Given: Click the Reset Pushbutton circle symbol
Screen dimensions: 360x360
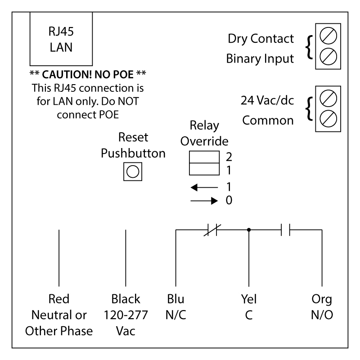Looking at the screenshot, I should tap(133, 171).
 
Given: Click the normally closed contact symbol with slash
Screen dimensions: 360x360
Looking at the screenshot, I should tap(210, 230).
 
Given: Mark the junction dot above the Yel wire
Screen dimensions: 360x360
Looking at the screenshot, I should tap(248, 230).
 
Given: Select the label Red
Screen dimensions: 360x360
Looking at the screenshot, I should tap(59, 299).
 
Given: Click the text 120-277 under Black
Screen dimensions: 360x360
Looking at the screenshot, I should tap(126, 315).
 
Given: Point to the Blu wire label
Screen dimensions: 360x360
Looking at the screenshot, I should tap(175, 299).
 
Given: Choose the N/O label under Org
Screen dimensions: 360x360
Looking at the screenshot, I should tap(322, 315).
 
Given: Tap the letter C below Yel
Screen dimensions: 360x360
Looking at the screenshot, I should tap(248, 315).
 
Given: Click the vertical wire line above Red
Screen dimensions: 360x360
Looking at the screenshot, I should tap(59, 254).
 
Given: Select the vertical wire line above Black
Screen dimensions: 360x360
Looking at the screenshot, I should tap(126, 254).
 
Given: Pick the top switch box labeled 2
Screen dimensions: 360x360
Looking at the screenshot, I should tap(202, 157).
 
